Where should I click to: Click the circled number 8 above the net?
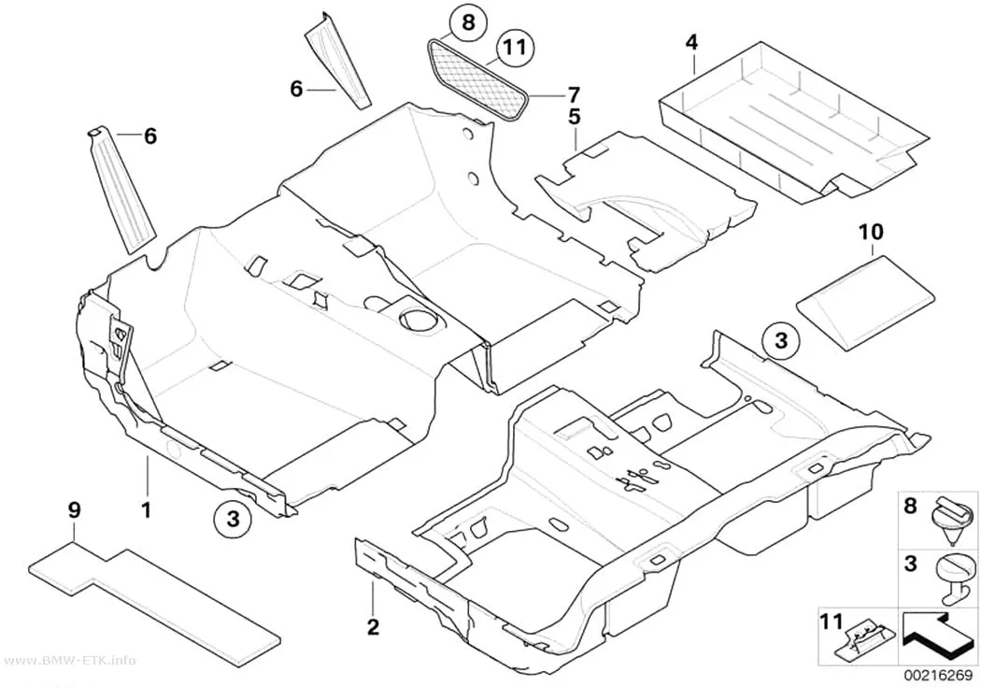click(x=468, y=23)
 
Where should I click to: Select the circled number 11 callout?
click(x=515, y=48)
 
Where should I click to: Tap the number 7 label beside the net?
click(x=573, y=95)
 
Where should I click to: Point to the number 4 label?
click(x=691, y=43)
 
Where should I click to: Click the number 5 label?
click(x=575, y=117)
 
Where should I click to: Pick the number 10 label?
click(x=872, y=232)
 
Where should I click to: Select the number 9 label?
click(x=74, y=510)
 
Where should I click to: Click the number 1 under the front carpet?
click(x=147, y=510)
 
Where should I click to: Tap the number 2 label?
click(x=373, y=627)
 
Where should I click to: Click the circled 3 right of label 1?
click(x=233, y=519)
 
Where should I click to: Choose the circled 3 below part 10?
click(x=781, y=341)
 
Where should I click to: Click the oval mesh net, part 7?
click(x=478, y=79)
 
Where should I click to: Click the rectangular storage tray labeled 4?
click(x=793, y=121)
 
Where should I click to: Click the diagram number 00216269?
click(x=937, y=676)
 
